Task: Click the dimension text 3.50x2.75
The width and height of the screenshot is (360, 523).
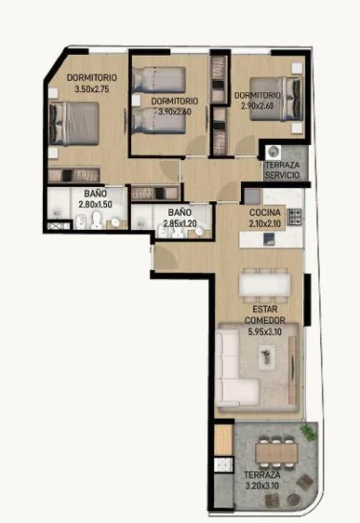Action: point(92,89)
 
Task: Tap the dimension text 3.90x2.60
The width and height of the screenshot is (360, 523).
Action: point(175,112)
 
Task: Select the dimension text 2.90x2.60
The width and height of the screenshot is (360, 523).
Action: point(258,106)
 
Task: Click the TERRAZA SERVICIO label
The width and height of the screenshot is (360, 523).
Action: point(283,169)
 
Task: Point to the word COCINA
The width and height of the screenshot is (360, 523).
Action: point(265,212)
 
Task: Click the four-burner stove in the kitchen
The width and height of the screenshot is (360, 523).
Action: point(295,217)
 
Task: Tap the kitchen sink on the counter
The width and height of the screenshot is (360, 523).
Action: point(269,239)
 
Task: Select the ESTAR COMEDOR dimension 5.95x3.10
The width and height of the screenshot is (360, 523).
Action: point(265,331)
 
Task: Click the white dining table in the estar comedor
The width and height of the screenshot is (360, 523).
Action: point(265,284)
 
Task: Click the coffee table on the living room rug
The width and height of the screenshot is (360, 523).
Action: point(267,357)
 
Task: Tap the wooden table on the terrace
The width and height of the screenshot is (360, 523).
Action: point(276,453)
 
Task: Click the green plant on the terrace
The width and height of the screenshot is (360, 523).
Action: point(308,433)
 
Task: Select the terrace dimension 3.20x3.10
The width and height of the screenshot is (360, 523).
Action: point(262,486)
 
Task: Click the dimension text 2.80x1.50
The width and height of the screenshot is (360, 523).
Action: point(95,204)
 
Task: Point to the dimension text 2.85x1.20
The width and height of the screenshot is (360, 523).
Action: point(180,223)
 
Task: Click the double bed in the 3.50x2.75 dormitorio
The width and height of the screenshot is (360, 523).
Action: point(74,124)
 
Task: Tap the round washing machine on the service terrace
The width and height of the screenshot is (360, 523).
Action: point(273,152)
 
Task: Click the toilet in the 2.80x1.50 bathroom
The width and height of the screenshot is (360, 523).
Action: point(97,221)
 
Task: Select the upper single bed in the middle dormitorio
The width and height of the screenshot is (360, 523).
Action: point(159,79)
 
